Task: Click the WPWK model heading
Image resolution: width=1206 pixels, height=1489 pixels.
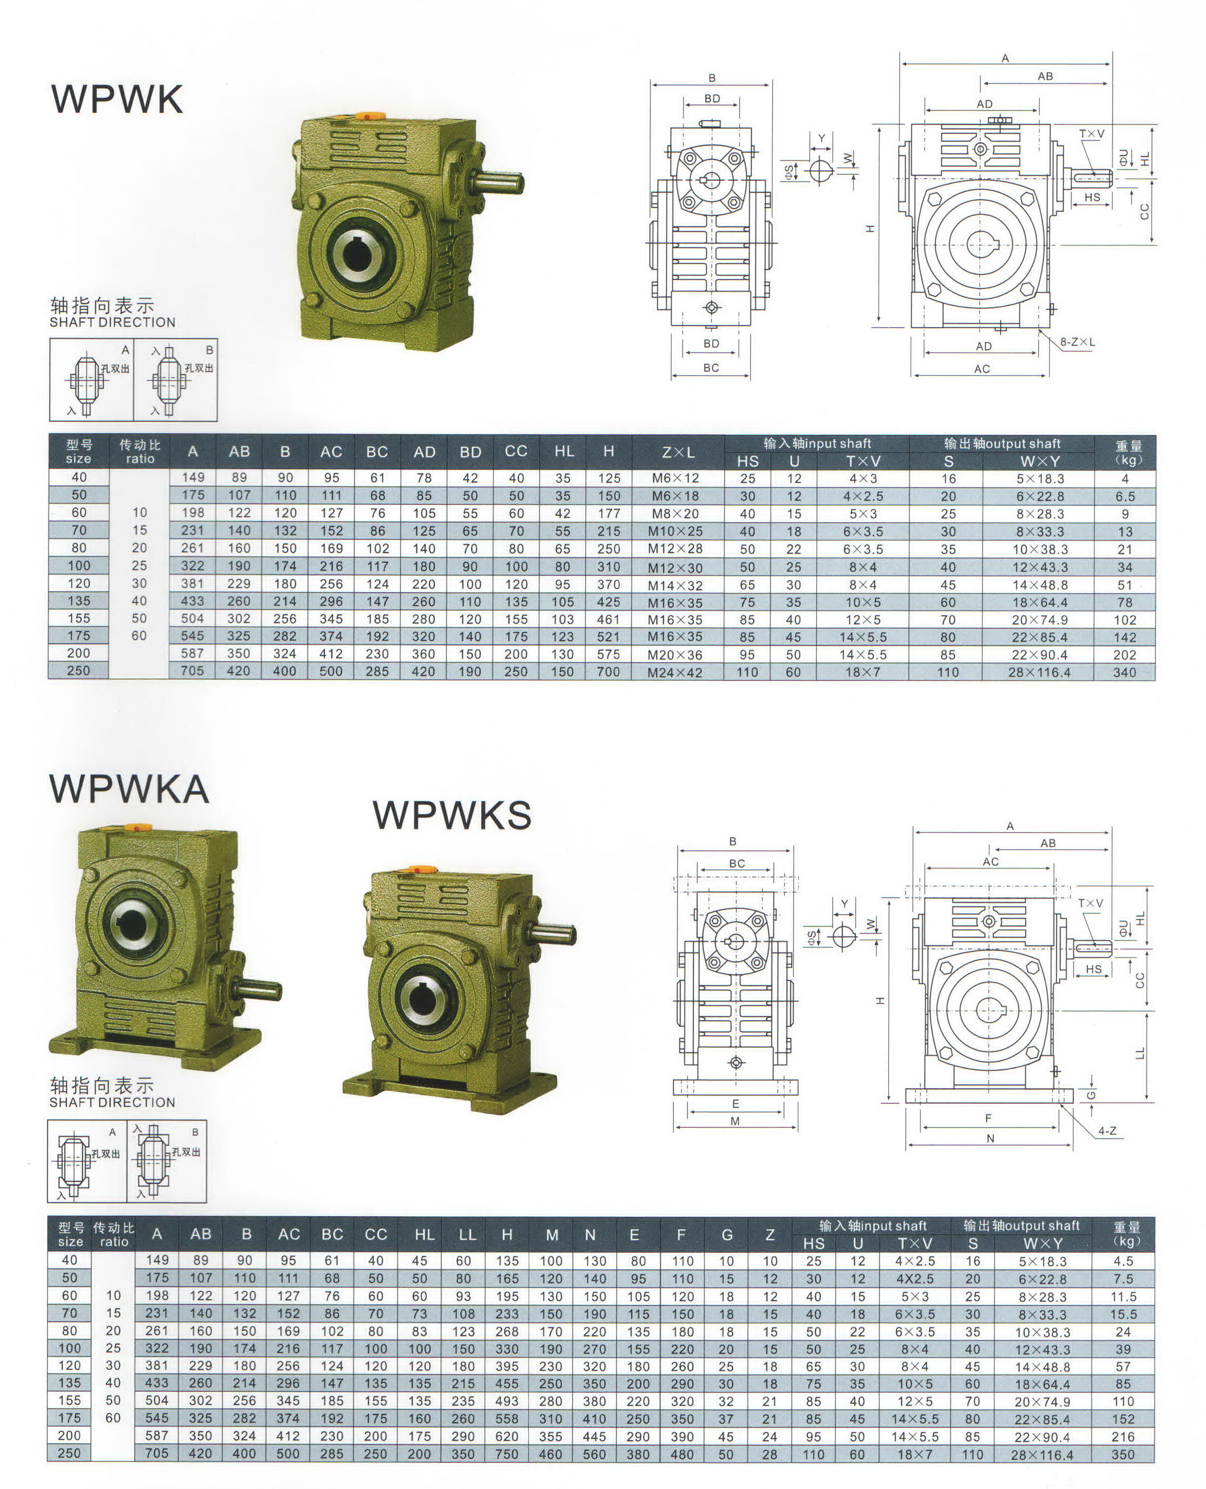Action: (x=117, y=99)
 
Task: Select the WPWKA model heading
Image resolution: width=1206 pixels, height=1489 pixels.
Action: (x=129, y=789)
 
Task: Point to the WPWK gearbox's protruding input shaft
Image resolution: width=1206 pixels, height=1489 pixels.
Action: (x=497, y=183)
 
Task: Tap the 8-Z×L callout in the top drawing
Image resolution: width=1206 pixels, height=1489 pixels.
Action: (x=1077, y=342)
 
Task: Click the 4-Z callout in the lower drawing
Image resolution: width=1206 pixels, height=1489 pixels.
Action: (x=1107, y=1131)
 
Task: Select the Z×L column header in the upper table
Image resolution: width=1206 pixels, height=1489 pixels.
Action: (x=678, y=452)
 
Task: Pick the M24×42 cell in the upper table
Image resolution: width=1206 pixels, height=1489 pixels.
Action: (x=675, y=673)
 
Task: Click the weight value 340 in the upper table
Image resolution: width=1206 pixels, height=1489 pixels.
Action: (x=1124, y=673)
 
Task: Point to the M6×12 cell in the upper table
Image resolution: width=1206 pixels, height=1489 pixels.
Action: (x=675, y=478)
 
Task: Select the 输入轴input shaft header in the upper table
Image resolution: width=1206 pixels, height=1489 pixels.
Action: (x=817, y=443)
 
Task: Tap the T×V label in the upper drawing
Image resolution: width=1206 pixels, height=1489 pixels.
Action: (x=1092, y=133)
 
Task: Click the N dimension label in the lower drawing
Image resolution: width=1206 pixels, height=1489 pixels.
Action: (x=991, y=1138)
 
